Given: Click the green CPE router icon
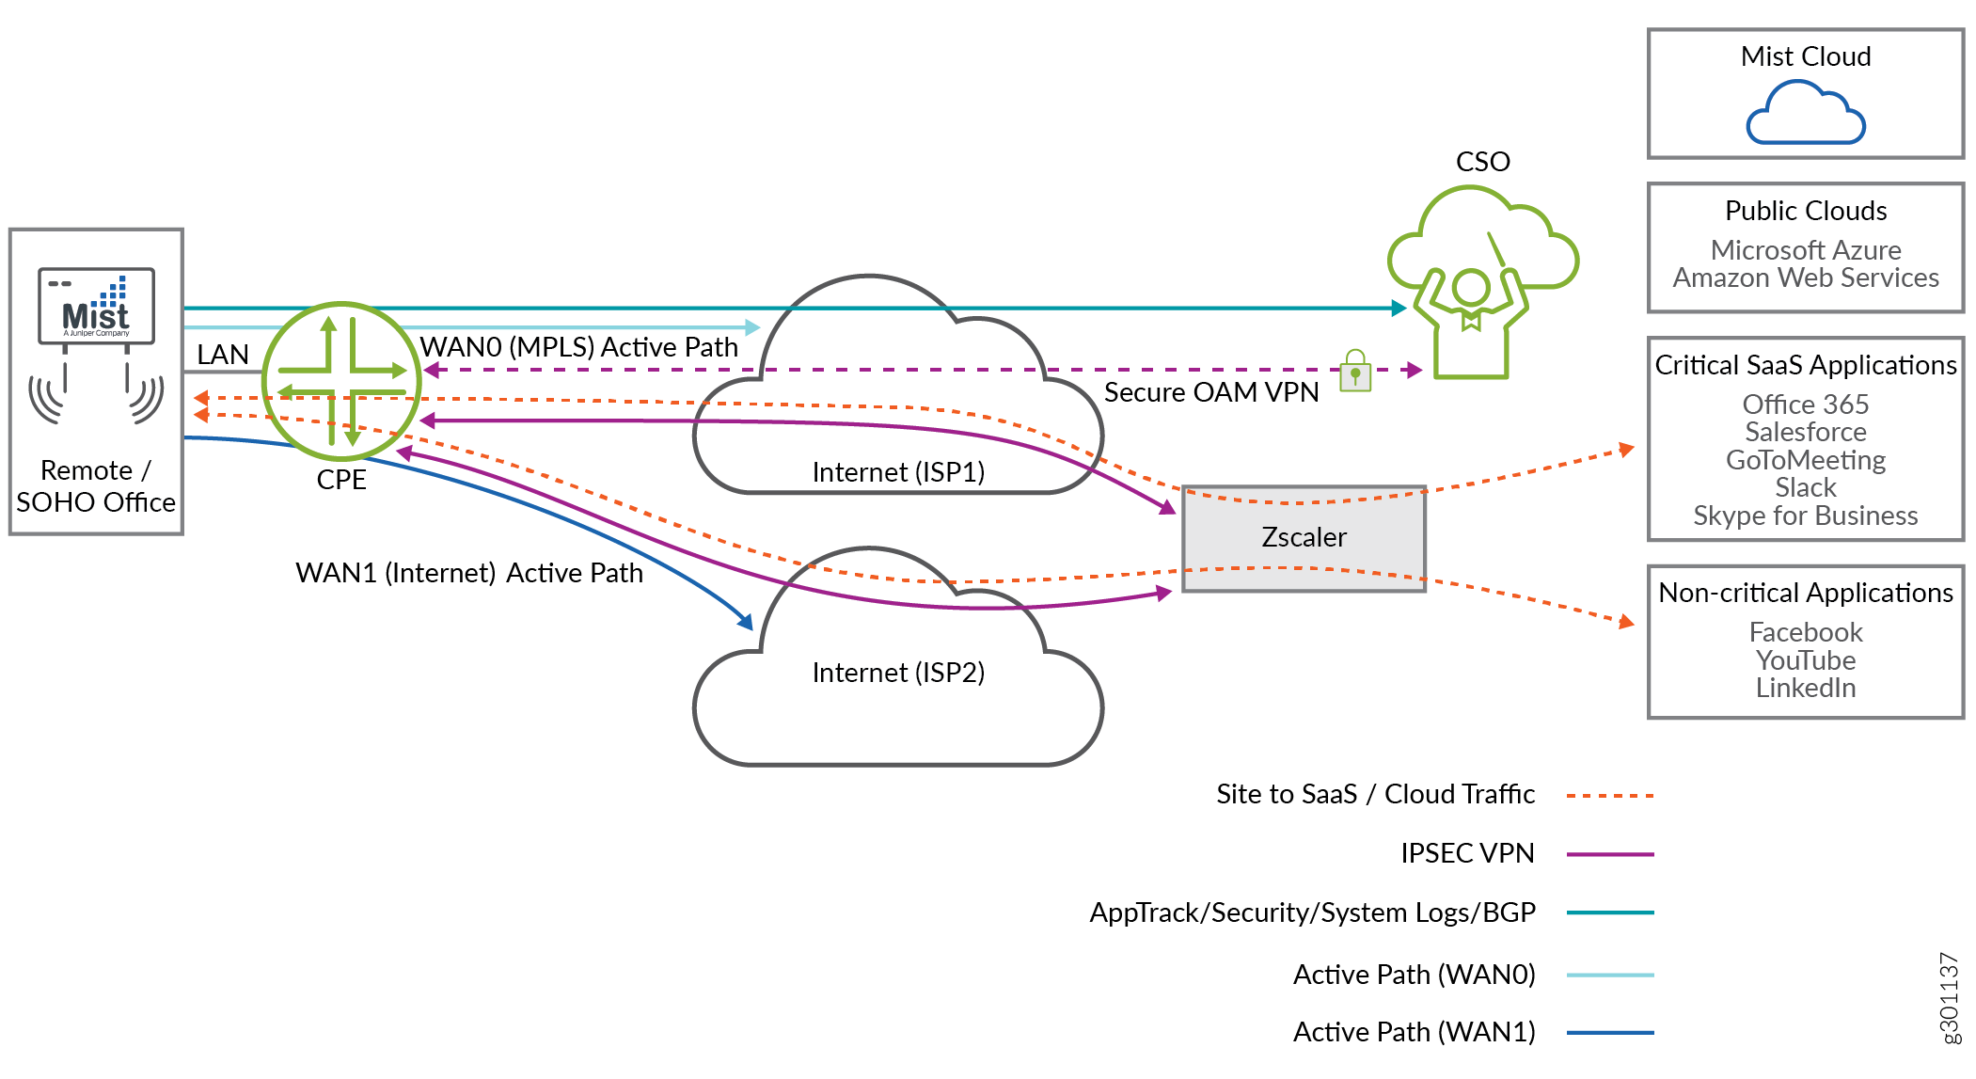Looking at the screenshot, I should coord(341,381).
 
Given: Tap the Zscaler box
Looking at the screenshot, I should coord(1304,538).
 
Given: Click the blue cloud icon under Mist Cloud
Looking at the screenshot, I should coord(1805,114).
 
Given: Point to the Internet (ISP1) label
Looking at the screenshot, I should coord(898,472).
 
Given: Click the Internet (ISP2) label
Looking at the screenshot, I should coord(898,673).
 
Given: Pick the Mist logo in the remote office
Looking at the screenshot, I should coord(96,307).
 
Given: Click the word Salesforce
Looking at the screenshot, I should coord(1805,432).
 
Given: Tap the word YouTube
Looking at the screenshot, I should coord(1805,660).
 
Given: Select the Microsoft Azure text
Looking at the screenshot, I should coord(1805,250).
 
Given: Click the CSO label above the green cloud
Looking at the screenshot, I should coord(1482,162).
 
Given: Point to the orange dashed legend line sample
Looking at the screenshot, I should coord(1609,796).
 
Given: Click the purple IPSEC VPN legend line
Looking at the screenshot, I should coord(1609,854).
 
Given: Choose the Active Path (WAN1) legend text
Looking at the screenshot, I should coord(1414,1032).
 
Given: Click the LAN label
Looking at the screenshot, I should coord(223,355).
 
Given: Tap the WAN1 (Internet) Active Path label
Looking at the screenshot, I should coord(469,573).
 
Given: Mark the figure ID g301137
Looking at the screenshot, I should coord(1950,998).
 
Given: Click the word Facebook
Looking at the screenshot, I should coord(1805,632).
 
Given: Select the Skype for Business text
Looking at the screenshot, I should coord(1805,516).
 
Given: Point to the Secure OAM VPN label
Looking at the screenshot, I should coord(1211,392).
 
